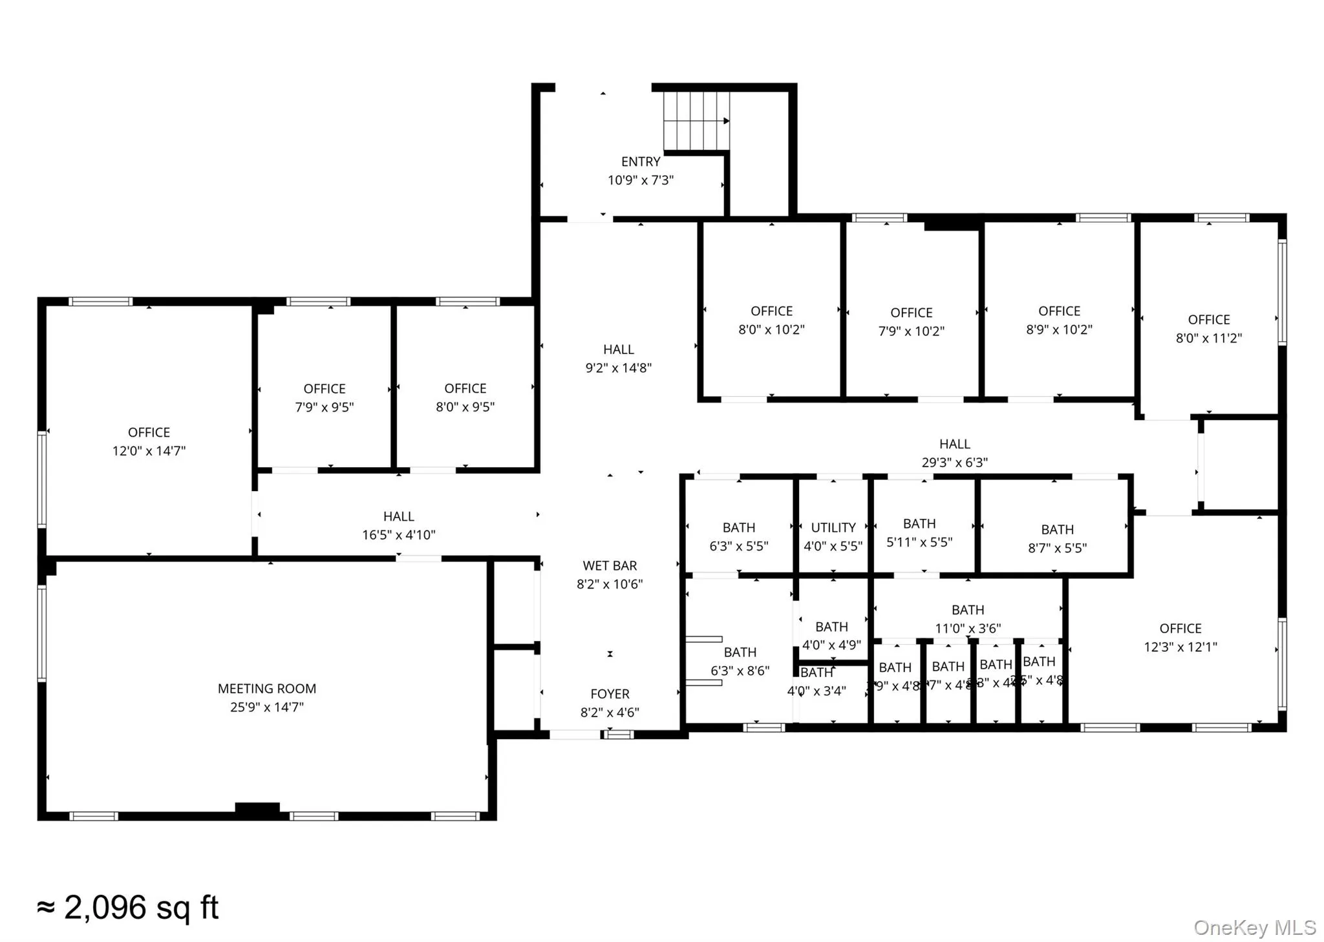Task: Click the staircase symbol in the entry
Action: pos(696,121)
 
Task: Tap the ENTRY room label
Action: pos(640,162)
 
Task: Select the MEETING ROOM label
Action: pos(266,689)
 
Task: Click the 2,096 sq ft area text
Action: pos(128,908)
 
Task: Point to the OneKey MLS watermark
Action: pos(1254,928)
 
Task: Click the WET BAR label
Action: pos(609,566)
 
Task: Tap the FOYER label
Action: pos(609,694)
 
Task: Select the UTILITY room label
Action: pos(833,528)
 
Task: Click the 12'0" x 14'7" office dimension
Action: pos(149,451)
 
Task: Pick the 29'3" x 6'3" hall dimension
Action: pos(954,463)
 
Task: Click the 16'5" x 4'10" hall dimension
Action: pos(398,535)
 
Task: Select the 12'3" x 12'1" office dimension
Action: pos(1180,647)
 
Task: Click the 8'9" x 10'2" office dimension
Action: pos(1058,330)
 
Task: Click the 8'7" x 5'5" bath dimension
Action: pos(1057,548)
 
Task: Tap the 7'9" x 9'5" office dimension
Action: pos(324,407)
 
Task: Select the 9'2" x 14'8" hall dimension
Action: pos(618,368)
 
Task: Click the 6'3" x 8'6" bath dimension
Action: pos(740,671)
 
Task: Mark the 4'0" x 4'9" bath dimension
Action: pos(831,645)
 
